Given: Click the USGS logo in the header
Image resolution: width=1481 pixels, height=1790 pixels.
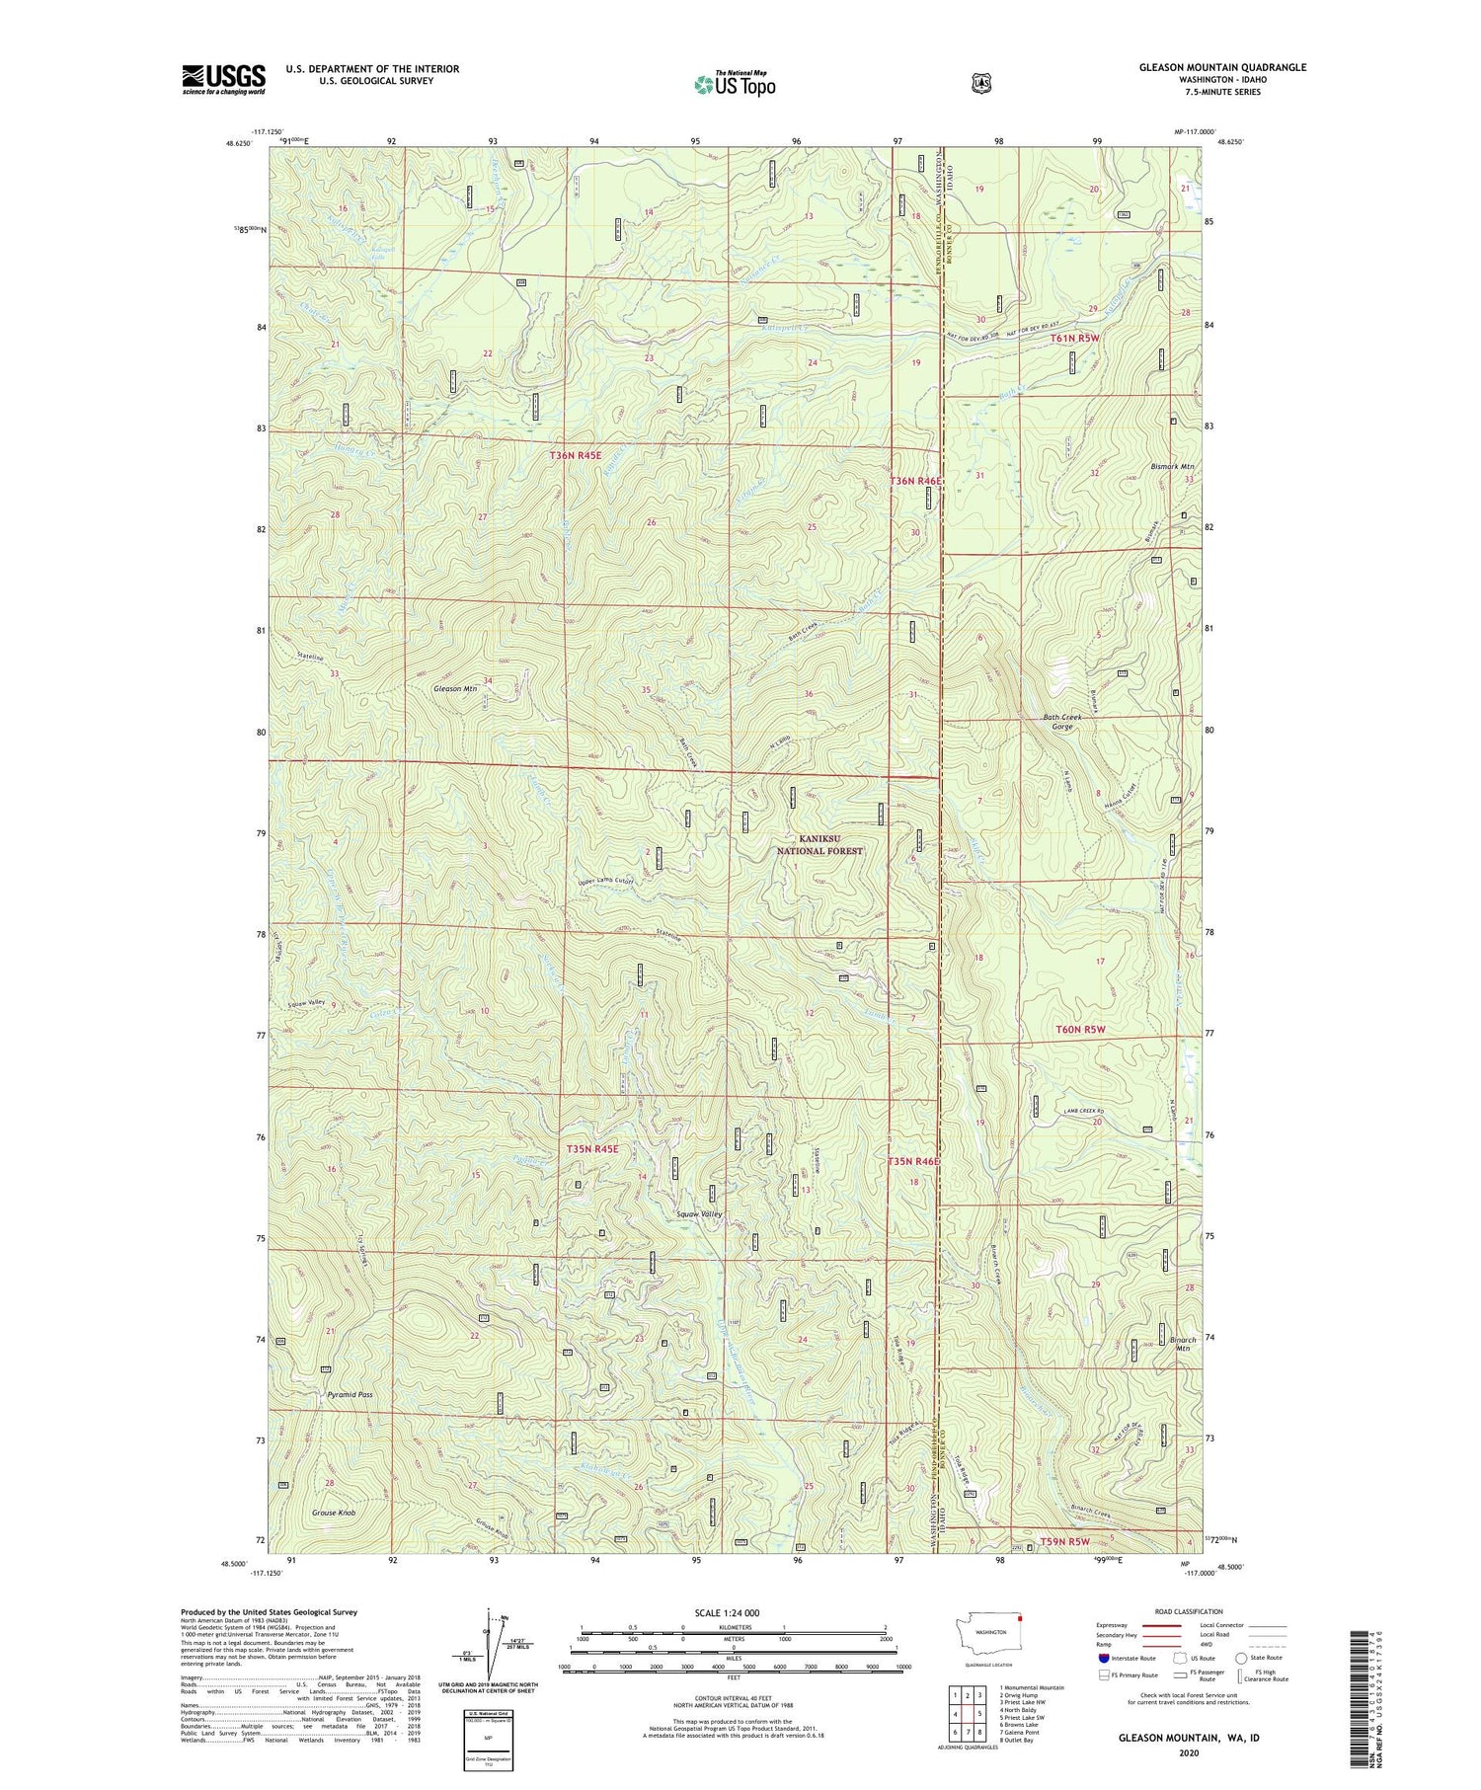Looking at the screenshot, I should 223,79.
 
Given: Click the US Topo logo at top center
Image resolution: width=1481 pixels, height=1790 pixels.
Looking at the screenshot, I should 735,84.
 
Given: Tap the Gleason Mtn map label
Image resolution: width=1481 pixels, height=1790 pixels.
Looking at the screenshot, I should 455,688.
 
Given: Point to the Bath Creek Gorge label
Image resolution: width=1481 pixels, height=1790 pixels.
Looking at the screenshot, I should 1062,721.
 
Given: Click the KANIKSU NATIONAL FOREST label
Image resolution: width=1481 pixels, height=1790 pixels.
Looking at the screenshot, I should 819,844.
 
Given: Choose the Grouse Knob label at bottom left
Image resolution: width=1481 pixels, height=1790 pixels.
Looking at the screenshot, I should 333,1513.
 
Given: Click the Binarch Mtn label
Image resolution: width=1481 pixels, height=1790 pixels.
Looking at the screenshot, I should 1182,1343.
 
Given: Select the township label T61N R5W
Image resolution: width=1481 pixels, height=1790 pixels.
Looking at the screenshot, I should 1075,338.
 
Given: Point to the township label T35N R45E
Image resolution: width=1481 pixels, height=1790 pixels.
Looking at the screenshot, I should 592,1148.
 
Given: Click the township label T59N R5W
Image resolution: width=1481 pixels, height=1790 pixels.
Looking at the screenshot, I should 1064,1541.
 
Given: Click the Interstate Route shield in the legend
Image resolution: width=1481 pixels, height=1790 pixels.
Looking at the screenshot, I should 1104,1658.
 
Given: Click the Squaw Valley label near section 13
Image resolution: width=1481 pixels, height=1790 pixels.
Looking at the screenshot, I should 698,1213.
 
